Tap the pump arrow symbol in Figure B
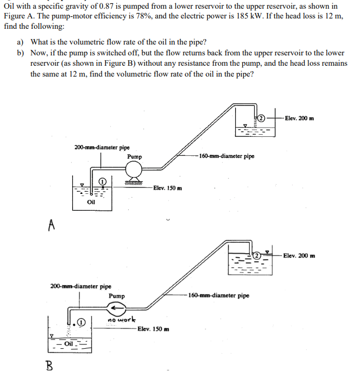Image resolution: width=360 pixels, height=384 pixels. [116, 309]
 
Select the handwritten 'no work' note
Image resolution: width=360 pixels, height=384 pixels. [122, 320]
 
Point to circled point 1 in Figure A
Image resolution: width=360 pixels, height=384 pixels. [102, 181]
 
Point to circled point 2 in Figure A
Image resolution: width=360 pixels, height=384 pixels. [261, 118]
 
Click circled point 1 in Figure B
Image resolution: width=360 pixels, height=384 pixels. [81, 322]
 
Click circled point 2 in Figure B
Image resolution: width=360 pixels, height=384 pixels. [258, 256]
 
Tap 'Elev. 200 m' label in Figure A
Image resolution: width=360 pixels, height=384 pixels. [299, 118]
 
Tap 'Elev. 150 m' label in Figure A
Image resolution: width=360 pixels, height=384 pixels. [167, 188]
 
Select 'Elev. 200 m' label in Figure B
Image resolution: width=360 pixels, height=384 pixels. [299, 256]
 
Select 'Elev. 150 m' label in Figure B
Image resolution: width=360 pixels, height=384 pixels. [153, 329]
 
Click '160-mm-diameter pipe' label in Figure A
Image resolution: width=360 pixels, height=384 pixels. [226, 156]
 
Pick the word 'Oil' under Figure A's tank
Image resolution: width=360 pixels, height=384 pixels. [91, 202]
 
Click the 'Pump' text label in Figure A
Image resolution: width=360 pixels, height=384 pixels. [134, 156]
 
